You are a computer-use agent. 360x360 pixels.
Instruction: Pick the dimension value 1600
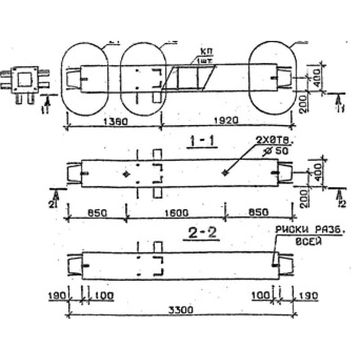pos(175,212)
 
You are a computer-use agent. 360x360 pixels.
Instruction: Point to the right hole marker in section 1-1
pos(225,172)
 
